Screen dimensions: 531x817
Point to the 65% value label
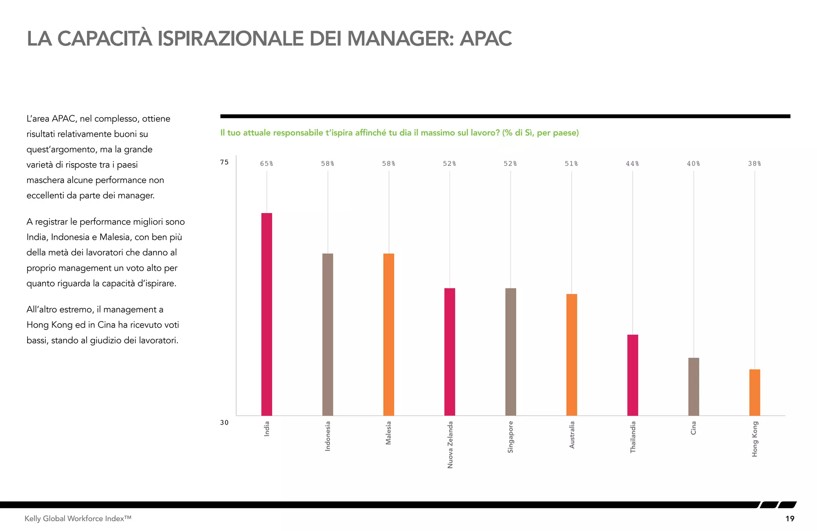pos(266,164)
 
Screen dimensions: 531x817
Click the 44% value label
pos(632,164)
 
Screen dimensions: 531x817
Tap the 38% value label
pos(754,164)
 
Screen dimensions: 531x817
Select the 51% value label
pos(571,164)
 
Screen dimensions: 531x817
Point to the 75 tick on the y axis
pos(224,162)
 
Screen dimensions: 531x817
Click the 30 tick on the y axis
pos(224,422)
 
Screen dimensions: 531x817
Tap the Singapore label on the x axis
pos(510,437)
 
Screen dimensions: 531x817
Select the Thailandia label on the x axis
pos(633,437)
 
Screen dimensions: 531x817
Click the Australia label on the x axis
pos(572,435)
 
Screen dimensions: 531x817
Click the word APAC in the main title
pos(485,39)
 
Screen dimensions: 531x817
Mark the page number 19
pos(789,519)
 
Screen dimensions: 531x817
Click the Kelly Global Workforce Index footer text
pos(78,519)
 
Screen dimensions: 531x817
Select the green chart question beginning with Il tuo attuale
pos(399,133)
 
